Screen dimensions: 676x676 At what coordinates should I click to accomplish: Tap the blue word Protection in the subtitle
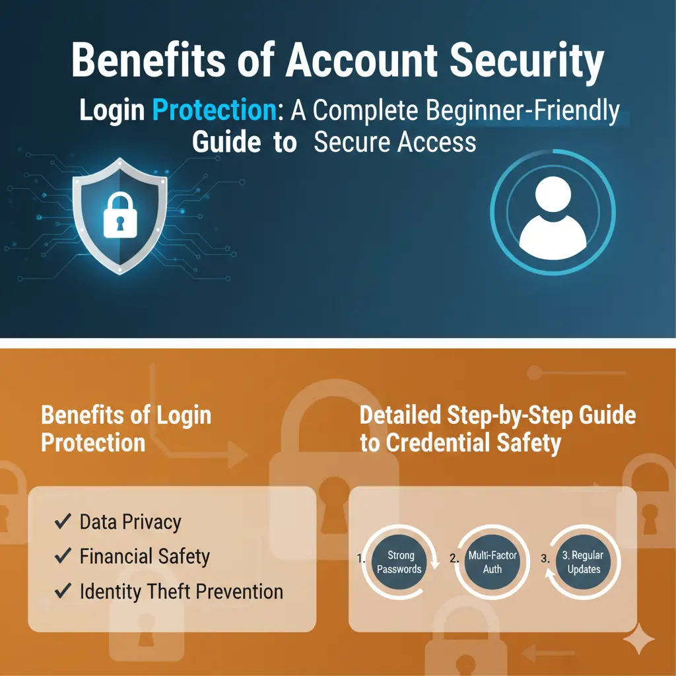214,110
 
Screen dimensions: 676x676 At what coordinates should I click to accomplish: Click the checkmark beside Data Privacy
63,522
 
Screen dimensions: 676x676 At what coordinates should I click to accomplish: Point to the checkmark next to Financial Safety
63,557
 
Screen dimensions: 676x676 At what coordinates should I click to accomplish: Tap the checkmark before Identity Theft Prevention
63,591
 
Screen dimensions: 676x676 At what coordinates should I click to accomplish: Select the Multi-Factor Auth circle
492,562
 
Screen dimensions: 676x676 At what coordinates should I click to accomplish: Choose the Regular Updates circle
584,562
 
